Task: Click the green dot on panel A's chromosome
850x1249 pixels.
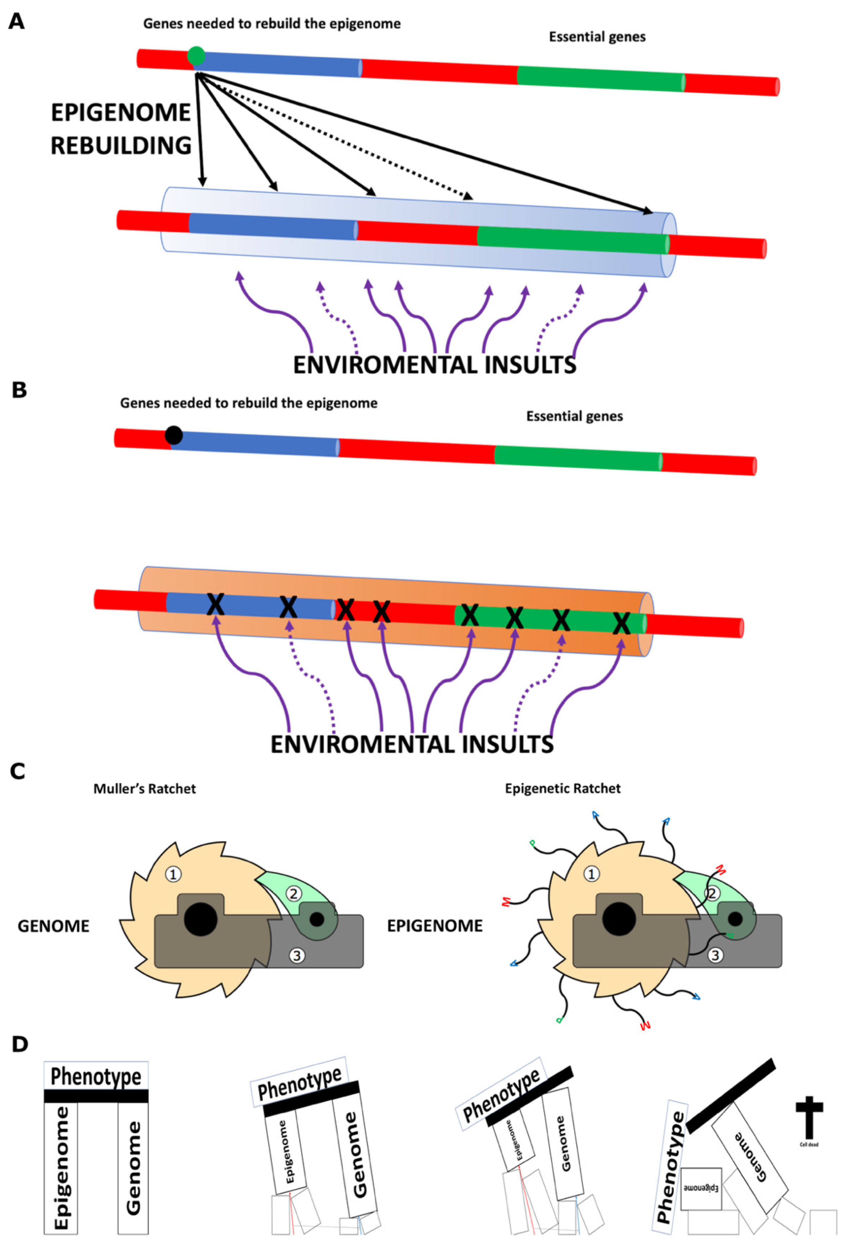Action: (x=196, y=55)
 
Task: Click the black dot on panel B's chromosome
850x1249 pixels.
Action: (x=174, y=435)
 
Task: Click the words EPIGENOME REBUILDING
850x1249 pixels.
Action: (x=121, y=129)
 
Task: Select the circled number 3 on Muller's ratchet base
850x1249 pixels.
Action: (x=297, y=955)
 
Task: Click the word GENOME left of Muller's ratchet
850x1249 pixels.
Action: (x=54, y=926)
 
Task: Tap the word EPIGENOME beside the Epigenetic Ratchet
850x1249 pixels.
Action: (x=435, y=926)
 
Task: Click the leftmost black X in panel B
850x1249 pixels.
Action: (x=215, y=605)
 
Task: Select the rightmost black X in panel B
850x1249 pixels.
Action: (x=622, y=623)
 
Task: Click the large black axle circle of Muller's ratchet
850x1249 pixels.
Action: (x=201, y=919)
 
